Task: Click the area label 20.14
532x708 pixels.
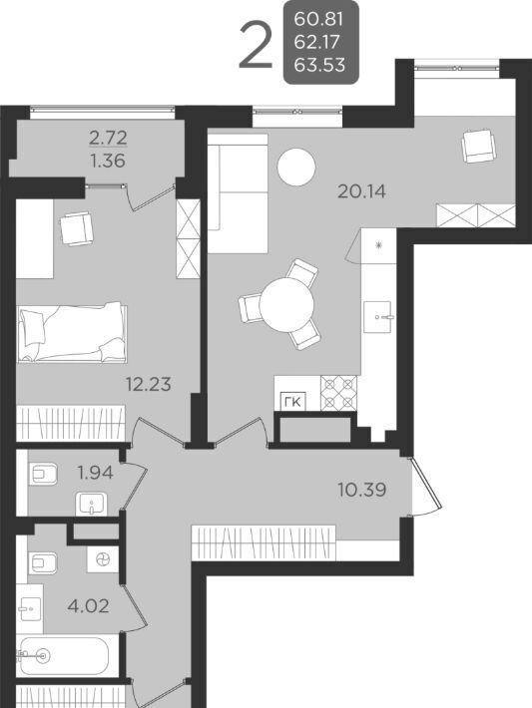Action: pyautogui.click(x=361, y=191)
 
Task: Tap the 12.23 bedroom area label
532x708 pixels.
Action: pyautogui.click(x=149, y=384)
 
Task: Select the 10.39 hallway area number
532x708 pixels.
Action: pyautogui.click(x=362, y=489)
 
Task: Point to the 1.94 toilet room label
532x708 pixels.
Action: pyautogui.click(x=95, y=473)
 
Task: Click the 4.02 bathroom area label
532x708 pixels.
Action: pyautogui.click(x=88, y=606)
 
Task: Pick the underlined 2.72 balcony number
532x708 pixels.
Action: pyautogui.click(x=108, y=138)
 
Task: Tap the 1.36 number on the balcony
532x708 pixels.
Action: pyautogui.click(x=108, y=161)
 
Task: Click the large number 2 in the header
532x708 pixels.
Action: pyautogui.click(x=256, y=46)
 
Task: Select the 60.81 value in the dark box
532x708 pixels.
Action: pyautogui.click(x=319, y=19)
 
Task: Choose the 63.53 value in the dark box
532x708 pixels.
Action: pyautogui.click(x=319, y=65)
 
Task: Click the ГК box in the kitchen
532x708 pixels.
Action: pyautogui.click(x=293, y=402)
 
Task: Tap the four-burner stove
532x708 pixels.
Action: pyautogui.click(x=338, y=393)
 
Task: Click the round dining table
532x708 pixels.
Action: pyautogui.click(x=286, y=305)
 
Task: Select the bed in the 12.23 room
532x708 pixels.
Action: pyautogui.click(x=72, y=333)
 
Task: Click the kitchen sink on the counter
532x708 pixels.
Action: pyautogui.click(x=377, y=317)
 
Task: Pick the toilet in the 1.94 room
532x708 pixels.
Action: pyautogui.click(x=43, y=474)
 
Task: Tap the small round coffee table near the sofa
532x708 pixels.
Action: pyautogui.click(x=295, y=167)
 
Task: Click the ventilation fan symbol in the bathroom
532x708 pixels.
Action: pyautogui.click(x=103, y=560)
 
